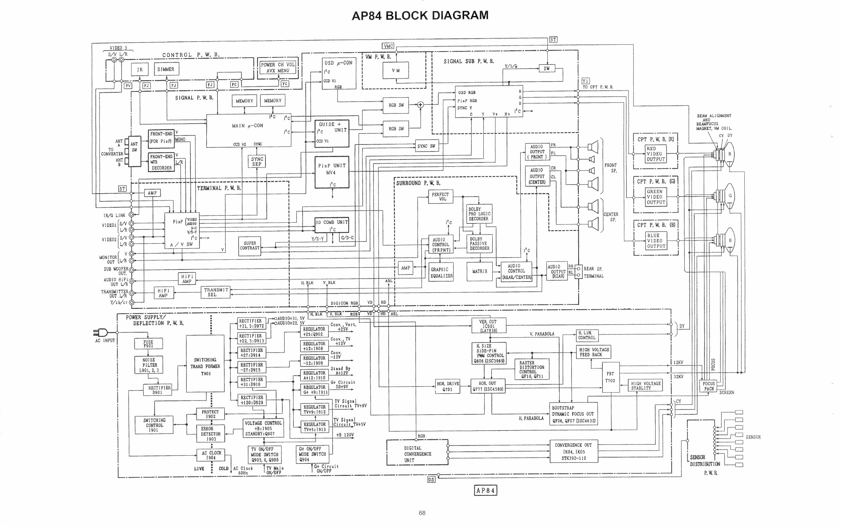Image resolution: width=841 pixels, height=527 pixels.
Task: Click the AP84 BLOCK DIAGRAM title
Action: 420,16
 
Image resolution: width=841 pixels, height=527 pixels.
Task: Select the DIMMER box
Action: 166,69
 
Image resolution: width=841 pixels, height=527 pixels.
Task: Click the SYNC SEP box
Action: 257,161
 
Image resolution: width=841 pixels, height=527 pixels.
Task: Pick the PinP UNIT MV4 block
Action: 331,172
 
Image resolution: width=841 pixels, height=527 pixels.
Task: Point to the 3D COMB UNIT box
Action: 331,225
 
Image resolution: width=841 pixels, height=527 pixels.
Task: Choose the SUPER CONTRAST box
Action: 250,246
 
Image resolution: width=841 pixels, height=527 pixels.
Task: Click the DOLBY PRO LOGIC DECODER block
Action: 479,214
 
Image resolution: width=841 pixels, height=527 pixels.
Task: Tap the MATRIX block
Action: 480,272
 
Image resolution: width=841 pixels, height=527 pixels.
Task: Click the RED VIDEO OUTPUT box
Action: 656,154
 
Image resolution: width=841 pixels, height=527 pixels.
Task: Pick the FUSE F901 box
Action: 148,344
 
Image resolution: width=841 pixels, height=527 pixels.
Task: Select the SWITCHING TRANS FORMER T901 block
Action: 205,366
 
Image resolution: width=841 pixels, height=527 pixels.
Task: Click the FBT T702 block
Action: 610,377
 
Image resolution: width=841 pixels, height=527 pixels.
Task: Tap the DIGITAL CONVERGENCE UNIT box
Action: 417,454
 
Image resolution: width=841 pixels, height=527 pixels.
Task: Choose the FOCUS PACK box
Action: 709,386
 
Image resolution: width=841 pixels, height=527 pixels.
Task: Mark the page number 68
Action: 422,513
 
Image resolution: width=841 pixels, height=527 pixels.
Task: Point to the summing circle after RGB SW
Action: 420,105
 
